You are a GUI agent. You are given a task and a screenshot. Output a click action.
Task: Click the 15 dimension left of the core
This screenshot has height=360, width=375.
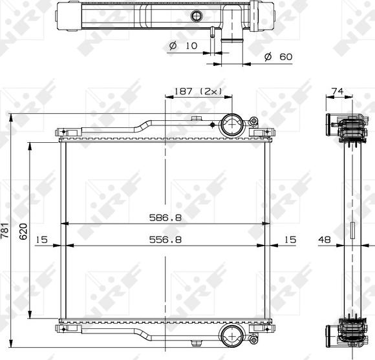[42, 240]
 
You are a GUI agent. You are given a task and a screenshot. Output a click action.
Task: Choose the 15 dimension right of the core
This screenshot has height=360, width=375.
[290, 240]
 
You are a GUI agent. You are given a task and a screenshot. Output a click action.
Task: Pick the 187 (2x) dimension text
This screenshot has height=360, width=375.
[198, 91]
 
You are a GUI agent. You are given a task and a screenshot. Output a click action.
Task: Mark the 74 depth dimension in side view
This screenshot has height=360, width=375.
[336, 91]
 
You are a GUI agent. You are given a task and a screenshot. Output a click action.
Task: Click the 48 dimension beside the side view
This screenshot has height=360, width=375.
[325, 240]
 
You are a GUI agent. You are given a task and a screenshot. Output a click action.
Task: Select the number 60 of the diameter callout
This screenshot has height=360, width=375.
[286, 57]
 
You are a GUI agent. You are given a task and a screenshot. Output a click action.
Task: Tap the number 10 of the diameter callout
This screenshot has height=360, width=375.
[191, 46]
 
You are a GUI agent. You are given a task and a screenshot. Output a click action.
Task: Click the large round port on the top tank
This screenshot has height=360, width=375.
[231, 124]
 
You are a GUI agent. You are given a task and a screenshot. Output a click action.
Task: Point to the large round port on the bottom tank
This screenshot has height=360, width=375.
[231, 334]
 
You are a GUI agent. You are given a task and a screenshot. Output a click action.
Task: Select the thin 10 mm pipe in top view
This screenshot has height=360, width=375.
[211, 35]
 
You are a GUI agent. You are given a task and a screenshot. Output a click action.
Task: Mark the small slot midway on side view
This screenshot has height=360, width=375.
[352, 231]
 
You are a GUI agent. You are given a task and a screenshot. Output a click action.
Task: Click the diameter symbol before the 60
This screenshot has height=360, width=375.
[268, 57]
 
